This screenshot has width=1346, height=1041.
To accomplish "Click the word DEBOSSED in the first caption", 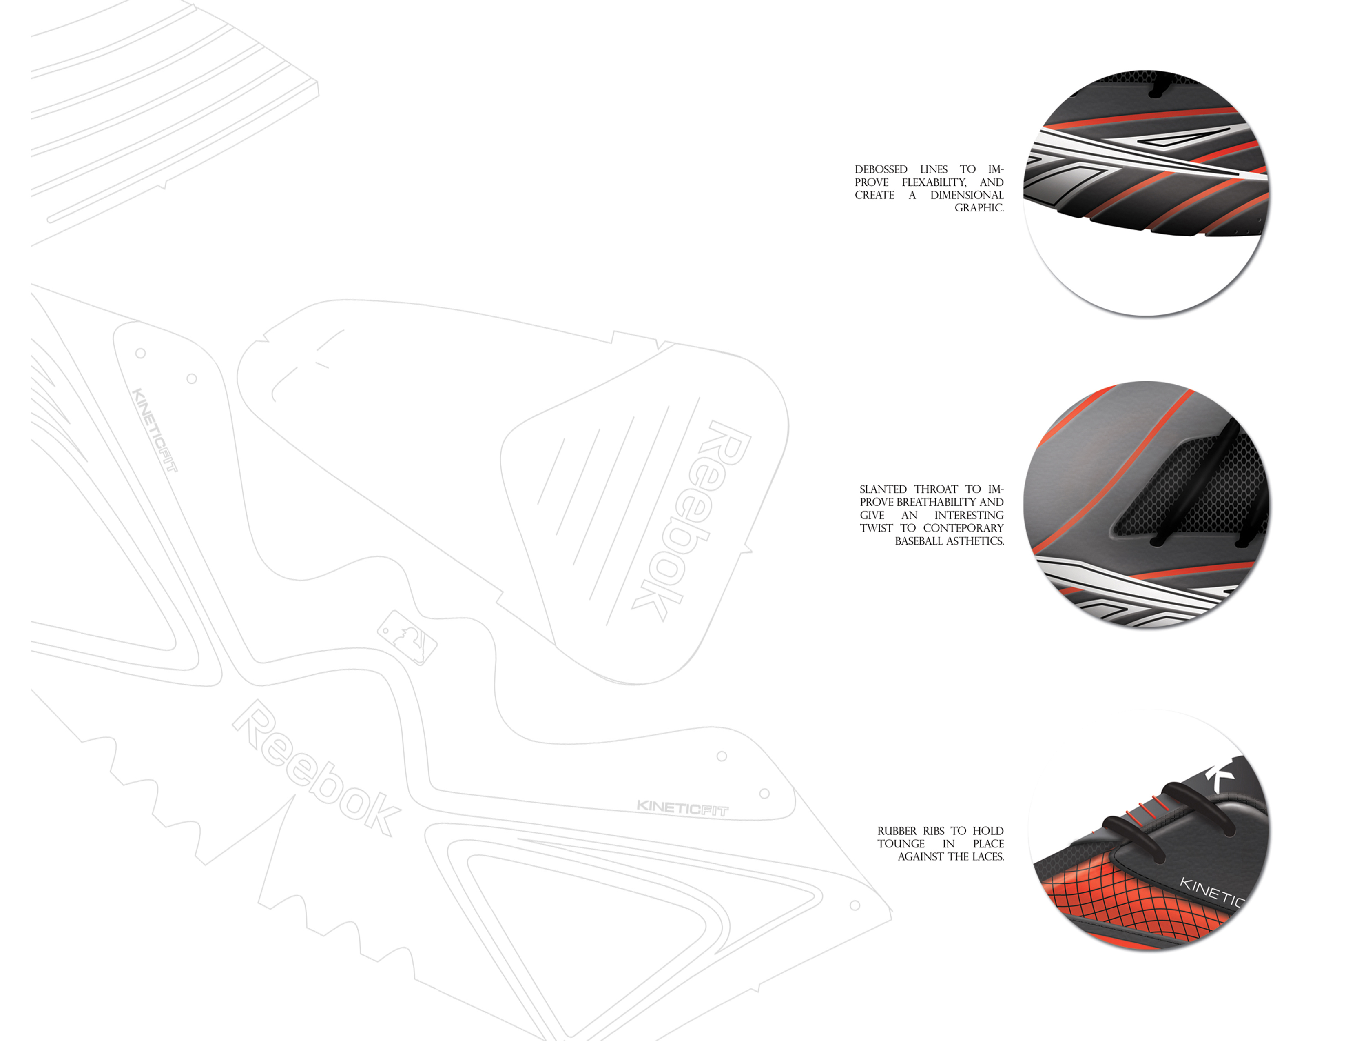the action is point(881,169).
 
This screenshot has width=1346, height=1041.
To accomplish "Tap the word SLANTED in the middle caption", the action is point(883,489).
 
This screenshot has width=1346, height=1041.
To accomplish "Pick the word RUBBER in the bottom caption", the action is point(897,831).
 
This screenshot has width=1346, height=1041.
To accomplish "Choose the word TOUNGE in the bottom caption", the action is point(901,844).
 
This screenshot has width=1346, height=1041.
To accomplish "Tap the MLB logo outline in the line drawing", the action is point(407,638).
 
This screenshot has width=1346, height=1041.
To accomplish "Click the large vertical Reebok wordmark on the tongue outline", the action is point(691,521).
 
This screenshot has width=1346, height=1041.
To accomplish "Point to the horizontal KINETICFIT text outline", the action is point(683,808).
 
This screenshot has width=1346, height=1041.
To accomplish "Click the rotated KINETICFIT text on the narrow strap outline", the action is point(155,430).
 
